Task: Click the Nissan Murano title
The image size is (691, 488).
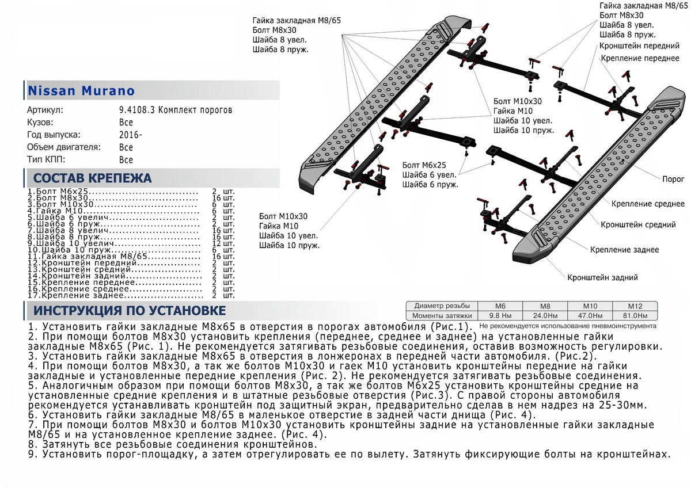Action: (x=81, y=91)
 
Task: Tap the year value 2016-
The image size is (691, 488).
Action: (x=130, y=135)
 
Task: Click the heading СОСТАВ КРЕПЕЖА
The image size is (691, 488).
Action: (x=93, y=177)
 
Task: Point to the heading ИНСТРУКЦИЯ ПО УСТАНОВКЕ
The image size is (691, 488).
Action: (x=130, y=311)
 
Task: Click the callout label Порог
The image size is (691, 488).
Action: (x=673, y=179)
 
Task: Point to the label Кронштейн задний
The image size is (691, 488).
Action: (x=602, y=277)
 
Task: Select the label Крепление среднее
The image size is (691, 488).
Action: (x=648, y=204)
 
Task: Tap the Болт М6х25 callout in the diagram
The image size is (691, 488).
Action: (x=424, y=164)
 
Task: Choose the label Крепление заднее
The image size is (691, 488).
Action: (x=624, y=250)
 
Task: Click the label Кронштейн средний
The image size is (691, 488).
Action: (x=638, y=225)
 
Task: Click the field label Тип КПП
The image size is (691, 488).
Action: (x=46, y=159)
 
